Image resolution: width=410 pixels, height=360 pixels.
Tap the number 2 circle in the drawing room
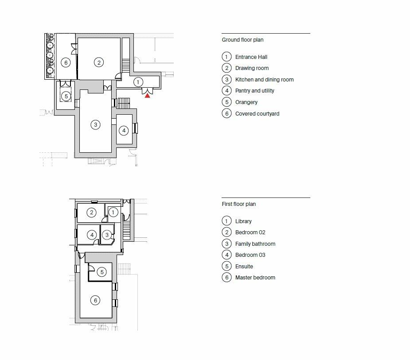pyautogui.click(x=99, y=62)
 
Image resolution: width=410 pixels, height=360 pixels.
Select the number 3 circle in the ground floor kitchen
pyautogui.click(x=95, y=125)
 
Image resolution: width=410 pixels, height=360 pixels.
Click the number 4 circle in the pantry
pyautogui.click(x=124, y=130)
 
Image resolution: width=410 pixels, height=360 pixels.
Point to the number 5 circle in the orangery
pyautogui.click(x=66, y=96)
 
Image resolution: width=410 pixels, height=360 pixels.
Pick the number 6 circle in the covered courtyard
pyautogui.click(x=66, y=62)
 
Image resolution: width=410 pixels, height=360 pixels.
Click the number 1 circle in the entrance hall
pyautogui.click(x=138, y=82)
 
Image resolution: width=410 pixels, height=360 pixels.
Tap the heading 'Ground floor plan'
pyautogui.click(x=242, y=40)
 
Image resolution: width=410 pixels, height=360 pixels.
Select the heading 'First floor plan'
pyautogui.click(x=239, y=204)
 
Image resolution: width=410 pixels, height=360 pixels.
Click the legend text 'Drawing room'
pyautogui.click(x=252, y=68)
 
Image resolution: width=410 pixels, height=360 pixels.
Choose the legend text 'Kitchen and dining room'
pyautogui.click(x=264, y=80)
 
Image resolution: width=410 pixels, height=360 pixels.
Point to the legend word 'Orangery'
pyautogui.click(x=246, y=102)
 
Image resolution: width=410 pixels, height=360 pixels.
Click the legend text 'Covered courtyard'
pyautogui.click(x=257, y=114)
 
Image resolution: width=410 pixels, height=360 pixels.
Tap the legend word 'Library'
pyautogui.click(x=243, y=221)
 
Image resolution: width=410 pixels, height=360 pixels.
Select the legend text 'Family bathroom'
pyautogui.click(x=255, y=244)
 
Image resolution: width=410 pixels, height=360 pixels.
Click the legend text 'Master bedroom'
pyautogui.click(x=255, y=278)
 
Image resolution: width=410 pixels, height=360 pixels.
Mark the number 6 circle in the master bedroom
pyautogui.click(x=95, y=300)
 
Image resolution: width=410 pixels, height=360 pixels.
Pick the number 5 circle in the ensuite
pyautogui.click(x=102, y=272)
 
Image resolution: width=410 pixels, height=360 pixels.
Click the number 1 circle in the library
pyautogui.click(x=113, y=213)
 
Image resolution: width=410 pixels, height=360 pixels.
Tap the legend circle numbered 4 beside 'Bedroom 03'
pyautogui.click(x=226, y=255)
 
